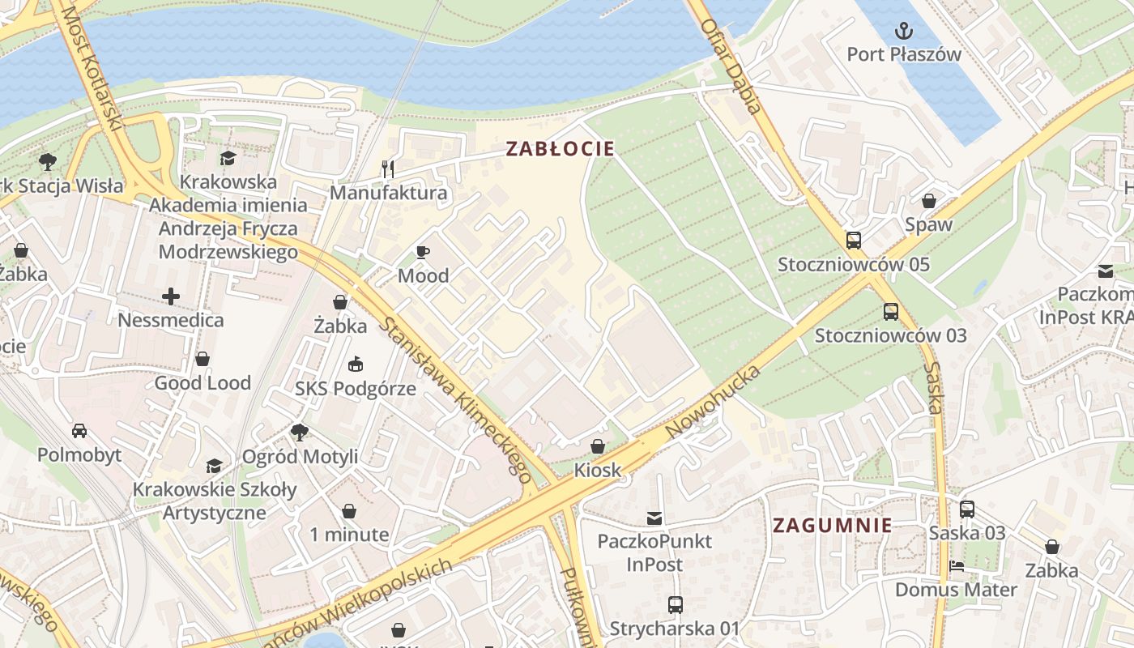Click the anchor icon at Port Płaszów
tap(903, 32)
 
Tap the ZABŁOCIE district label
tap(560, 149)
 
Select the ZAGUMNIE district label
tap(832, 525)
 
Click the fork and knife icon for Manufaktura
tap(388, 168)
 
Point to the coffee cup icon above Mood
tap(422, 252)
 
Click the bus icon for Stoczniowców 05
tap(853, 241)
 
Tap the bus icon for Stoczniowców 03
tap(890, 311)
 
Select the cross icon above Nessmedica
tap(171, 296)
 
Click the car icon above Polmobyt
tap(79, 431)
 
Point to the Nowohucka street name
tap(714, 403)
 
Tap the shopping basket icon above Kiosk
tap(598, 446)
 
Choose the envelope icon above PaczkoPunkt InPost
tap(654, 518)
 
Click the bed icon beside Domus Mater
tap(957, 566)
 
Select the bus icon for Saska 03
tap(966, 509)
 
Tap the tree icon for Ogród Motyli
tap(299, 433)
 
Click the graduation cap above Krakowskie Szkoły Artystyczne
tap(214, 466)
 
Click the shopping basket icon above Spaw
tap(928, 201)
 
